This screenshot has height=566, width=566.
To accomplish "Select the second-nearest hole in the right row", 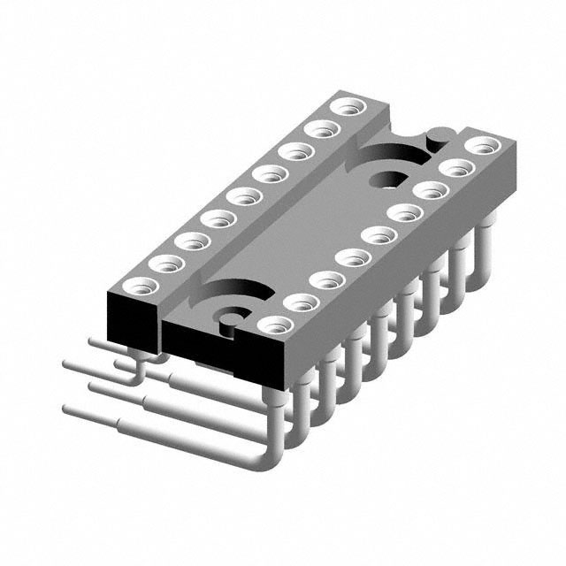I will pyautogui.click(x=302, y=302).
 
